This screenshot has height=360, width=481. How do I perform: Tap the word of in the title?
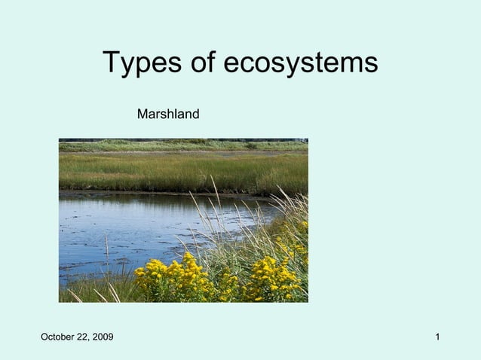(206, 63)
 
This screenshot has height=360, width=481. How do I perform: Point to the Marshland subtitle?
(168, 114)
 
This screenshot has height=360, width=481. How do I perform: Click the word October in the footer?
(59, 336)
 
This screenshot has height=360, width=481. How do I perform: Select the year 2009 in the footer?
(103, 336)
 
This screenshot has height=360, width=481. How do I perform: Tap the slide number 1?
(437, 336)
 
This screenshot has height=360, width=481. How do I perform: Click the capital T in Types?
(111, 63)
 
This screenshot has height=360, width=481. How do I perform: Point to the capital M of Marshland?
(142, 114)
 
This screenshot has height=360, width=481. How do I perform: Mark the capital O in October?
(44, 336)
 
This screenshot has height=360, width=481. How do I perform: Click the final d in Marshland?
(195, 114)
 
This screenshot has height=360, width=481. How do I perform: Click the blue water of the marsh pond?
(128, 226)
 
